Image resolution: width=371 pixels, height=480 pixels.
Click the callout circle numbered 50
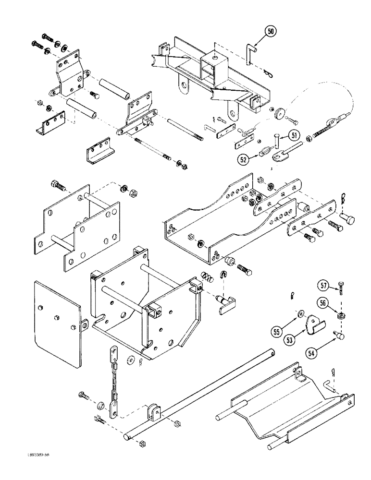tap(271, 32)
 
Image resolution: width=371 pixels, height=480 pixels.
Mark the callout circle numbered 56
tap(323, 303)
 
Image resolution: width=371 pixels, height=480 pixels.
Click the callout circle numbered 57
tap(323, 287)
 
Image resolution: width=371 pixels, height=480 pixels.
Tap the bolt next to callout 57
tap(340, 288)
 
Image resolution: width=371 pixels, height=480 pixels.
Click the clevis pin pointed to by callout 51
tap(278, 142)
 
